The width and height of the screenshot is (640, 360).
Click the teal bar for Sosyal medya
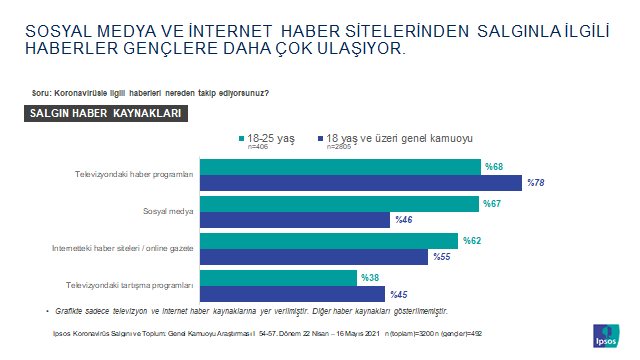[x=340, y=204]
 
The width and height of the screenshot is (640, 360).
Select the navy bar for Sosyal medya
[x=296, y=219]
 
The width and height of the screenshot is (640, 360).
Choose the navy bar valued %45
[x=293, y=294]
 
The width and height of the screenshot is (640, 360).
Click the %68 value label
[x=494, y=166]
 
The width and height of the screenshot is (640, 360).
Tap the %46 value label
[x=403, y=219]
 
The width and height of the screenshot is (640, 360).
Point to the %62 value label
[x=471, y=241]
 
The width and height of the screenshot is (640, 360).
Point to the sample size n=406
[x=257, y=147]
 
